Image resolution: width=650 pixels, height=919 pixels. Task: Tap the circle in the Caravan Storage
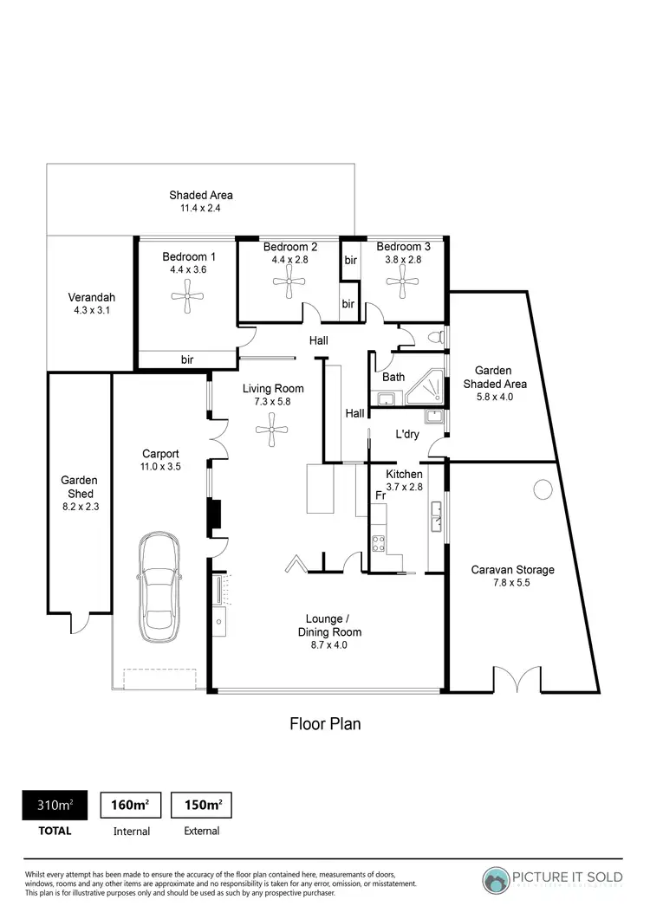543,490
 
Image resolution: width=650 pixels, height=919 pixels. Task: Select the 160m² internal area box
131,805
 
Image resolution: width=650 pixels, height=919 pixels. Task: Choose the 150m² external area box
202,805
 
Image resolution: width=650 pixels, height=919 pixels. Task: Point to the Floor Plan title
325,723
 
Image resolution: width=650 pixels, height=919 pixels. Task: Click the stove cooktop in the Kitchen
379,543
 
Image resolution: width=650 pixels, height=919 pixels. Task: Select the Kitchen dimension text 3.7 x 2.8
404,487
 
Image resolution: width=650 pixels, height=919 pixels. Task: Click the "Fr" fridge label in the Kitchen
380,495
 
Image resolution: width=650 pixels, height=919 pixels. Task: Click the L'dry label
407,434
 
